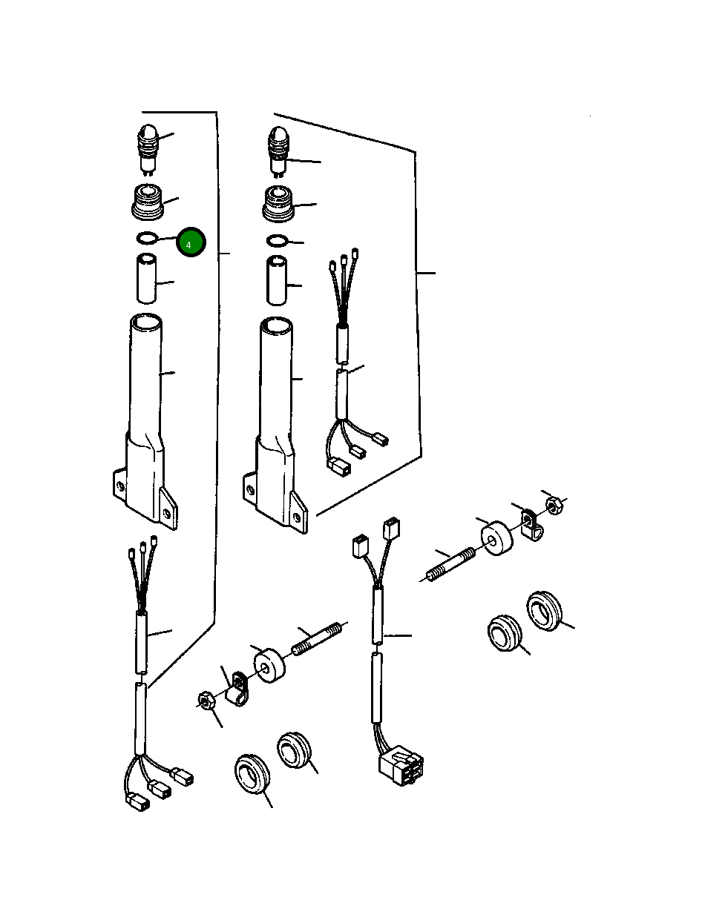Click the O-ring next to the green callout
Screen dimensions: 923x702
[146, 238]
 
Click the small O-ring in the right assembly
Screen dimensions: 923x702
[276, 241]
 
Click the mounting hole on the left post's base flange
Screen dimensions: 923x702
[120, 486]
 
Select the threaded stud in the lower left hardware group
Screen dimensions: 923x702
[317, 639]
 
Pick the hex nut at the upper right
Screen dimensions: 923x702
[552, 506]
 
